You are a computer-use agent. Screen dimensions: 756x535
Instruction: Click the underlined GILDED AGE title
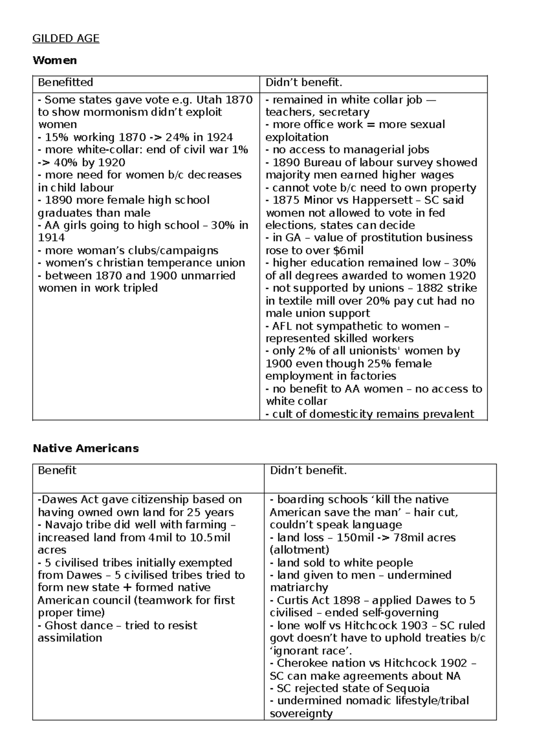coord(66,39)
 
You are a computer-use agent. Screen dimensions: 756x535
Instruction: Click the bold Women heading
coord(54,60)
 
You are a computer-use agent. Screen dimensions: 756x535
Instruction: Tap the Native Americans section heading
coord(86,448)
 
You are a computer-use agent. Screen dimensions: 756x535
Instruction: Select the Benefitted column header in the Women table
coord(66,82)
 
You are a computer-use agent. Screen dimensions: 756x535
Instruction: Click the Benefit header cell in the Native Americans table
coord(57,470)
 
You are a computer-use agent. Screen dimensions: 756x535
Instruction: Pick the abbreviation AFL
coord(282,326)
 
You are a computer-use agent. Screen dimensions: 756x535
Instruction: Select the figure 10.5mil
coord(210,538)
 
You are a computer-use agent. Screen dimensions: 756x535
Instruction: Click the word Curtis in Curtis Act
coord(292,600)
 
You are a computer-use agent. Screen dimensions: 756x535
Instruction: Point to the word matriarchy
coord(299,588)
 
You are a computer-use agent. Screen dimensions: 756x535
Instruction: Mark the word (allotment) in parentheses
coord(299,550)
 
